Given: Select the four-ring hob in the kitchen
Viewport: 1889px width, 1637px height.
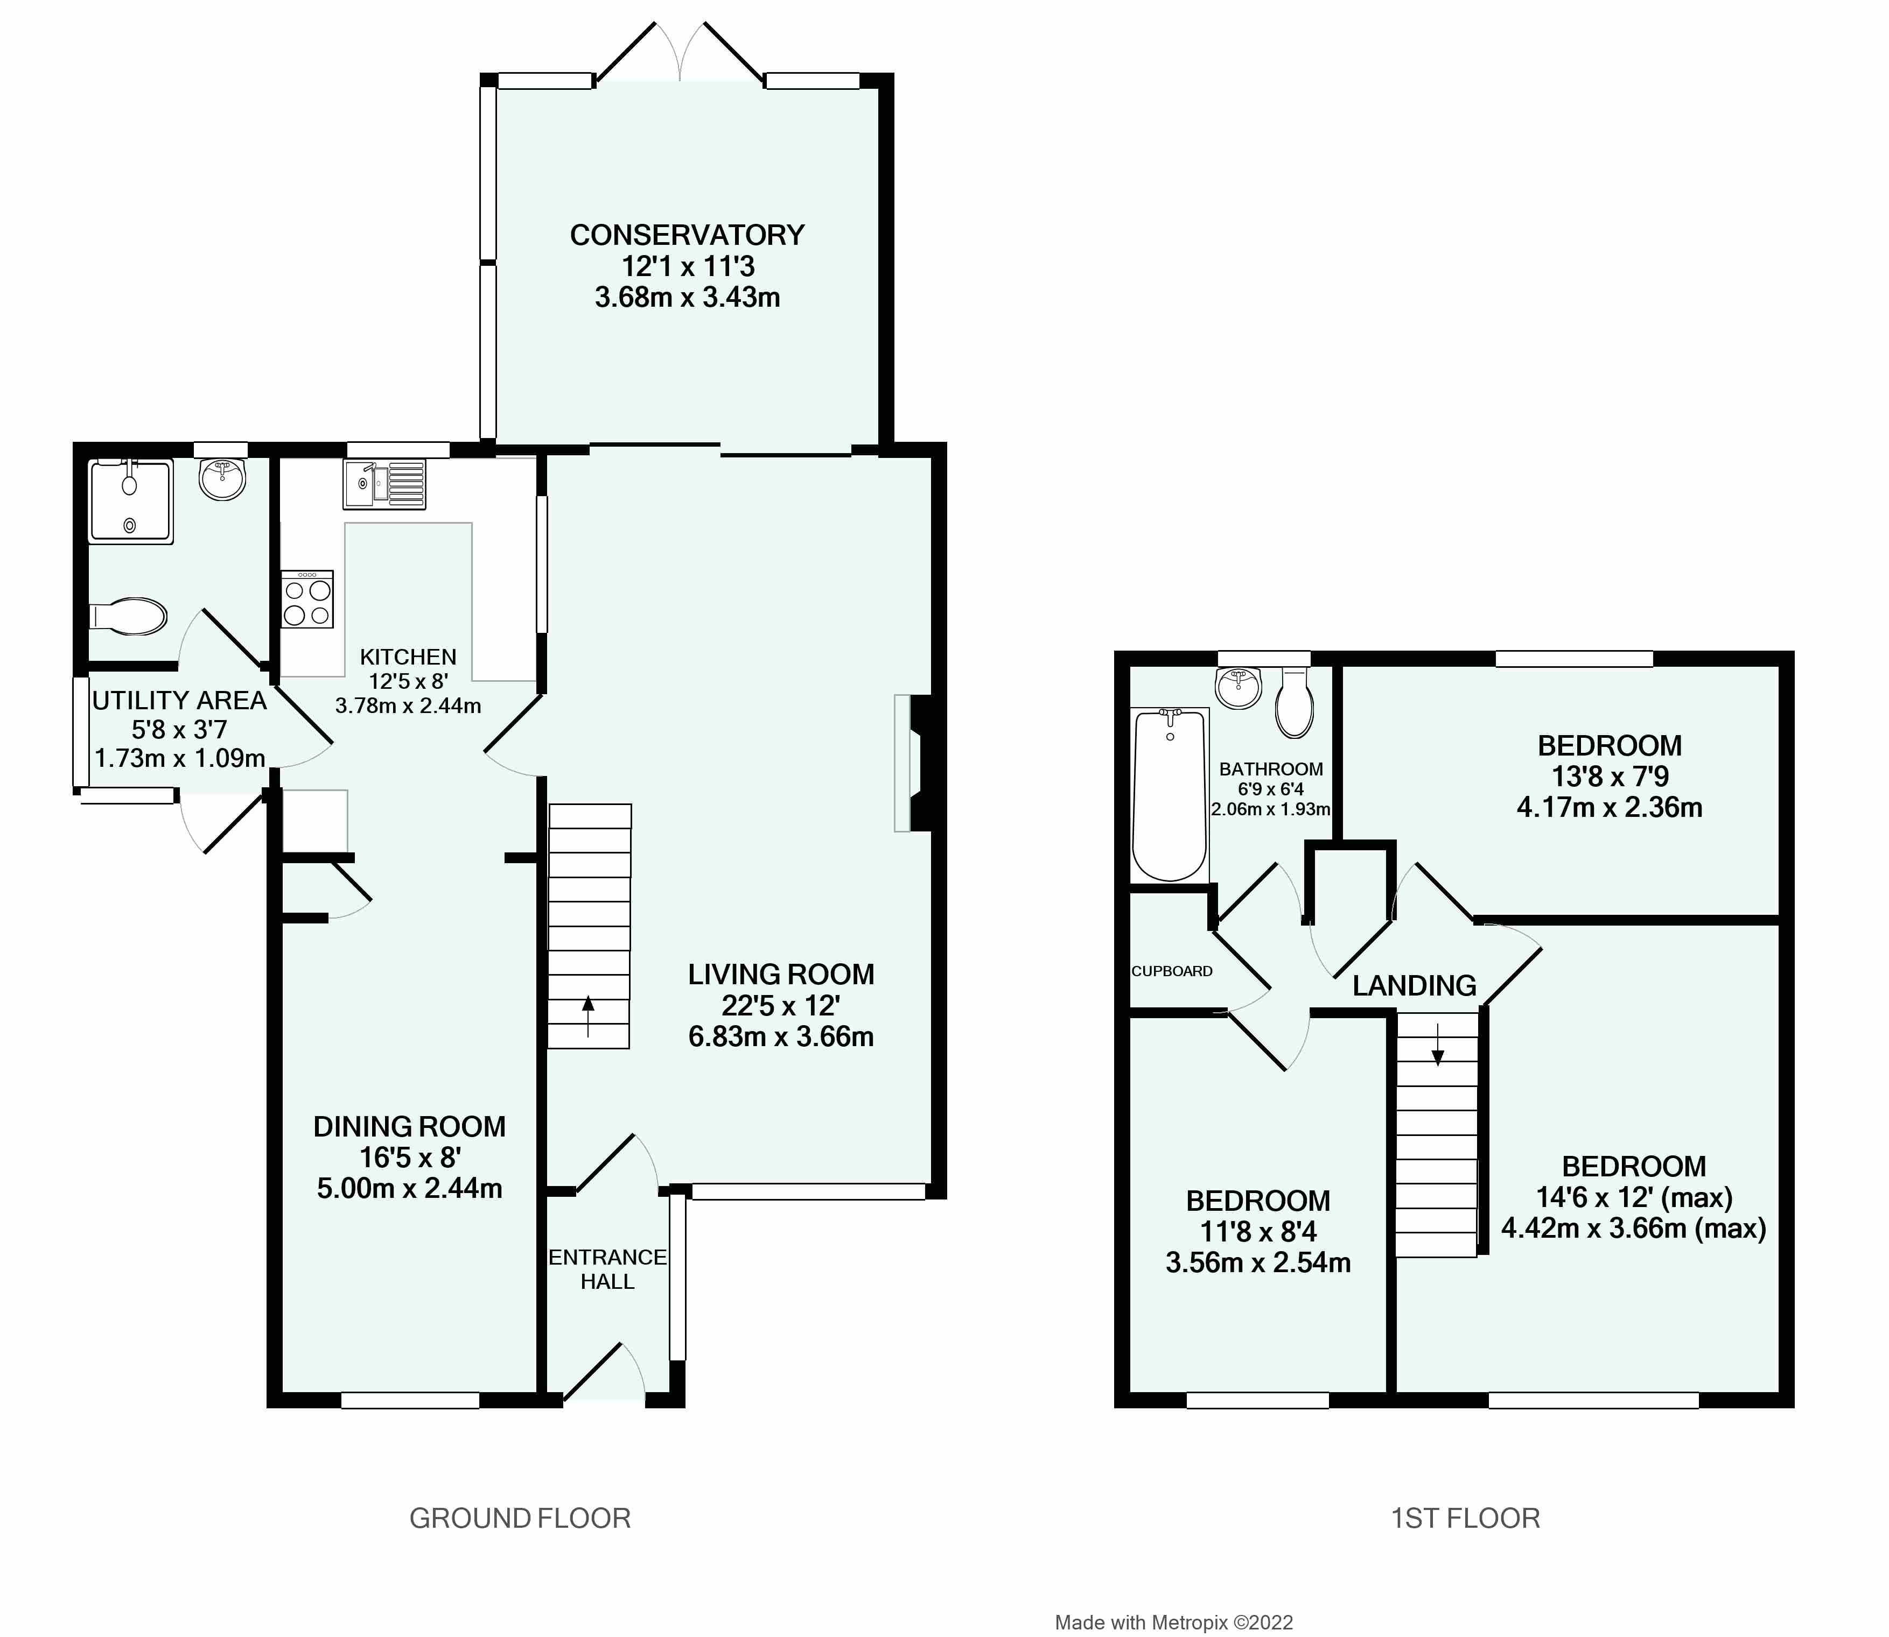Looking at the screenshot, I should point(307,599).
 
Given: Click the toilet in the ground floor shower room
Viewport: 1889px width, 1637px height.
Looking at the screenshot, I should point(129,617).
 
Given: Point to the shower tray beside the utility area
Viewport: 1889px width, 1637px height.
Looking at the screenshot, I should point(130,503).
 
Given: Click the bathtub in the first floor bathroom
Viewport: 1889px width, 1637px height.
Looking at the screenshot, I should point(1169,795).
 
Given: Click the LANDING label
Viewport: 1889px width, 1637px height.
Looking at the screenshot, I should point(1414,986).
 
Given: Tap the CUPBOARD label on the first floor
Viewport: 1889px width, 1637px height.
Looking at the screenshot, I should point(1172,971).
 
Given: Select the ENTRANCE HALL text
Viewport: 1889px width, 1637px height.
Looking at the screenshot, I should point(608,1269).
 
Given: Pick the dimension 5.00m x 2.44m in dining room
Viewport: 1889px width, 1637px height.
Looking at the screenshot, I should point(409,1189).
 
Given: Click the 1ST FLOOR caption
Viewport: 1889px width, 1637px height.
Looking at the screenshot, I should point(1465,1518).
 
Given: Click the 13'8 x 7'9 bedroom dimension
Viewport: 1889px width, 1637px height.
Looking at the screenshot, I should point(1610,777).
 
